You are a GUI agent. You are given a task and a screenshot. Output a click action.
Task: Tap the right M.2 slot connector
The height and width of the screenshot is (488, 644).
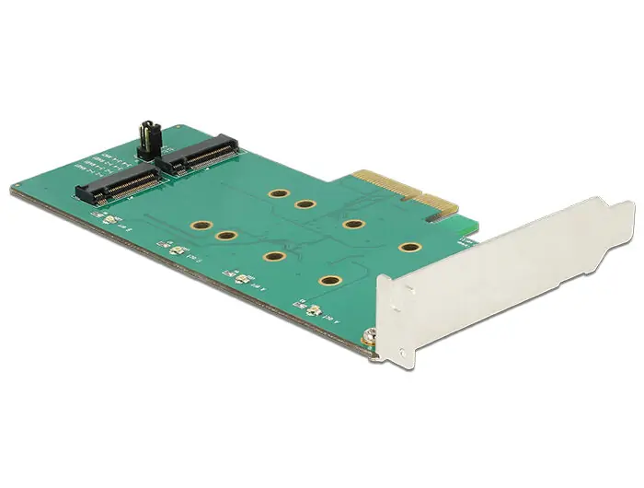[x=197, y=155]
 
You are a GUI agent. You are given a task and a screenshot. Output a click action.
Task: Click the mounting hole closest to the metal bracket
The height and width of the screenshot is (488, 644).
[x=407, y=248]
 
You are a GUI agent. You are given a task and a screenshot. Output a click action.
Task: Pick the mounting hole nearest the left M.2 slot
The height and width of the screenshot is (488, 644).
[x=197, y=224]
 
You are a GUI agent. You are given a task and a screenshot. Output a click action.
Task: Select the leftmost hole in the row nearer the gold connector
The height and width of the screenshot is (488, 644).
[x=276, y=195]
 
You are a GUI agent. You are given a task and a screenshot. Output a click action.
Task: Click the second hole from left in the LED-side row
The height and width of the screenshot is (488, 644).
[x=225, y=237]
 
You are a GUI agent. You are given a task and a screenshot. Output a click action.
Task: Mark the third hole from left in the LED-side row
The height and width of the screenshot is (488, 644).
[x=273, y=257]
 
